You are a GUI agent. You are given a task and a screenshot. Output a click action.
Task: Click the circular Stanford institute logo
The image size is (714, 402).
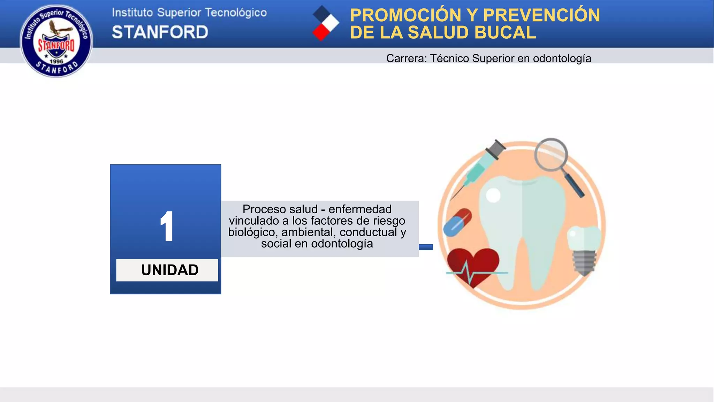pyautogui.click(x=56, y=41)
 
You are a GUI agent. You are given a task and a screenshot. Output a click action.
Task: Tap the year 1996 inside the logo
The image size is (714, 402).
pyautogui.click(x=56, y=61)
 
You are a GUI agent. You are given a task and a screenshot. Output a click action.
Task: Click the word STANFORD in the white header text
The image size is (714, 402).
pyautogui.click(x=160, y=32)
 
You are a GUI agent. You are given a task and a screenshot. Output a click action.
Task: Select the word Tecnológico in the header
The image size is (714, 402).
pyautogui.click(x=236, y=13)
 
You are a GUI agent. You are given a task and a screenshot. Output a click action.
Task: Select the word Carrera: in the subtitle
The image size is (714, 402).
pyautogui.click(x=406, y=58)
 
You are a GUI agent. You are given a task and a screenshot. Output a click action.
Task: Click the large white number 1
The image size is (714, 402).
pyautogui.click(x=167, y=226)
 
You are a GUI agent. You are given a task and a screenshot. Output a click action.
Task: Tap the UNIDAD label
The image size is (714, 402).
pyautogui.click(x=170, y=270)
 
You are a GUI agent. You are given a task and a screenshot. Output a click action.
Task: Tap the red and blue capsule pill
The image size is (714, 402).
pyautogui.click(x=457, y=222)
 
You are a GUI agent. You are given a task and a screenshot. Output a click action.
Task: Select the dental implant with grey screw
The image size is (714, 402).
pyautogui.click(x=584, y=250)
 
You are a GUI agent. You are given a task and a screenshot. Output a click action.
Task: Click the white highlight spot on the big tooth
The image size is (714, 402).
pyautogui.click(x=493, y=195)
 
